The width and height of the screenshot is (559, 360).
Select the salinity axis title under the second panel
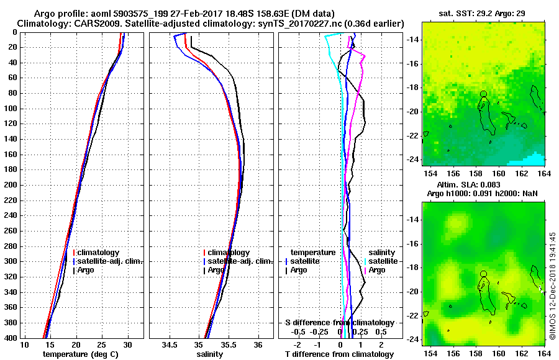tap(211, 354)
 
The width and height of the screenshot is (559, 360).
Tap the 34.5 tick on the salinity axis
tap(170, 344)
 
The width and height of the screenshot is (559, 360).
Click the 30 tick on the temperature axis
tap(128, 344)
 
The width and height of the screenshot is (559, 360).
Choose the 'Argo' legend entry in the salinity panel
tap(216, 270)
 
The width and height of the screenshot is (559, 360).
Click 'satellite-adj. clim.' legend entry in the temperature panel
tap(110, 261)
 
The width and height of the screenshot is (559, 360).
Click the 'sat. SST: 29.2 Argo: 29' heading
tap(484, 13)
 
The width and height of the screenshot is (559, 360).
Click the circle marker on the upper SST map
tap(483, 94)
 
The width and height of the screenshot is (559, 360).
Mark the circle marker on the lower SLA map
tap(483, 274)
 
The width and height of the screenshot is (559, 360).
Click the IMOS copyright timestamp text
tap(553, 286)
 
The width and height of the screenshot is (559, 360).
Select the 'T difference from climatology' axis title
tap(339, 354)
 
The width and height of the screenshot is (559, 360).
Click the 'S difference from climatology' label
tap(339, 323)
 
